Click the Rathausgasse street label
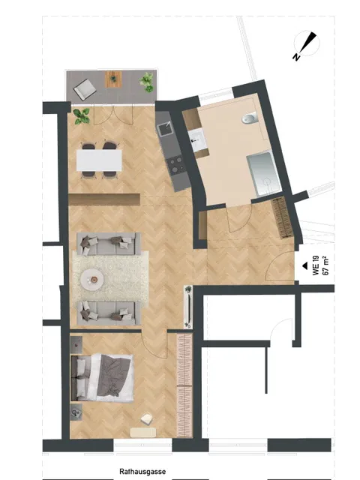pyautogui.click(x=142, y=472)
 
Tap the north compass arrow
pyautogui.click(x=307, y=43)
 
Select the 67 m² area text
pyautogui.click(x=325, y=265)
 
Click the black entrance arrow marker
pyautogui.click(x=304, y=265)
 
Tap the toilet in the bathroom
pyautogui.click(x=250, y=118)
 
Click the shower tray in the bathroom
pyautogui.click(x=263, y=173)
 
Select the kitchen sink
pyautogui.click(x=164, y=128)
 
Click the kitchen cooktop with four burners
pyautogui.click(x=176, y=166)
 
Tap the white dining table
pyautogui.click(x=99, y=160)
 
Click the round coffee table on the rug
pyautogui.click(x=93, y=279)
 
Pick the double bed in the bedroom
pyautogui.click(x=102, y=377)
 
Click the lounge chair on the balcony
pyautogui.click(x=85, y=88)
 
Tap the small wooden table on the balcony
pyautogui.click(x=114, y=79)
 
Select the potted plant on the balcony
pyautogui.click(x=147, y=82)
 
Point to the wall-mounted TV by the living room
pyautogui.click(x=188, y=307)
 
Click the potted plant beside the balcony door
pyautogui.click(x=82, y=116)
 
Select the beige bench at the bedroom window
pyautogui.click(x=143, y=432)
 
